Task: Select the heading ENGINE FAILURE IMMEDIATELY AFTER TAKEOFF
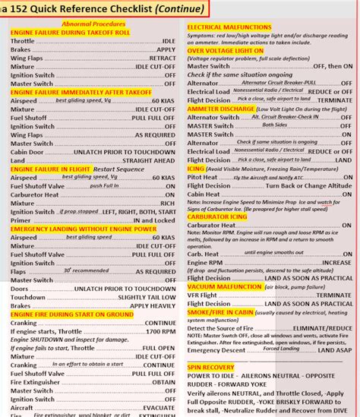pos(81,92)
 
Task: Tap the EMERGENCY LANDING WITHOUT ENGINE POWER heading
pos(84,229)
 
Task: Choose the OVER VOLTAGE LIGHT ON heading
pos(226,50)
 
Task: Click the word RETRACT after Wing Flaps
pos(162,58)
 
